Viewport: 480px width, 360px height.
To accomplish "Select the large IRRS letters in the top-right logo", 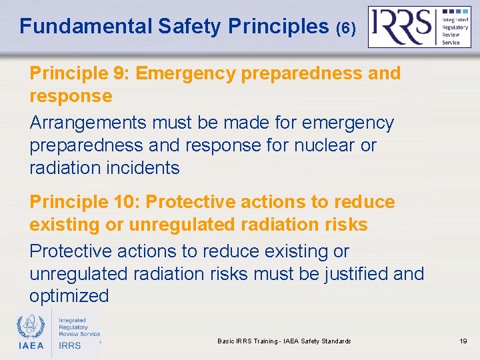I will pyautogui.click(x=401, y=27).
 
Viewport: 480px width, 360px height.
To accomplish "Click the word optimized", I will pyautogui.click(x=69, y=296).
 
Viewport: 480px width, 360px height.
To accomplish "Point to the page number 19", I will pyautogui.click(x=463, y=341).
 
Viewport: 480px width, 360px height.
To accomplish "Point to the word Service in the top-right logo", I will pyautogui.click(x=451, y=42).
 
